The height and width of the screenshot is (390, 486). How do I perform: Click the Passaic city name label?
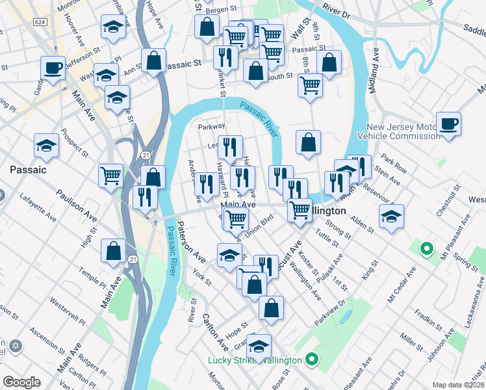click(x=28, y=170)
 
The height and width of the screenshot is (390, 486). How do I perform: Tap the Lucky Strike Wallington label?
click(x=255, y=360)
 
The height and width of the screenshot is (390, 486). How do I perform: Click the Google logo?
click(x=22, y=382)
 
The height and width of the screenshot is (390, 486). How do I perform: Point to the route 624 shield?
click(x=40, y=22)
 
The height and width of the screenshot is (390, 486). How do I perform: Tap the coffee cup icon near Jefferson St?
click(x=53, y=67)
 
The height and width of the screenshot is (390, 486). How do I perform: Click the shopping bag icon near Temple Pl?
click(x=114, y=251)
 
